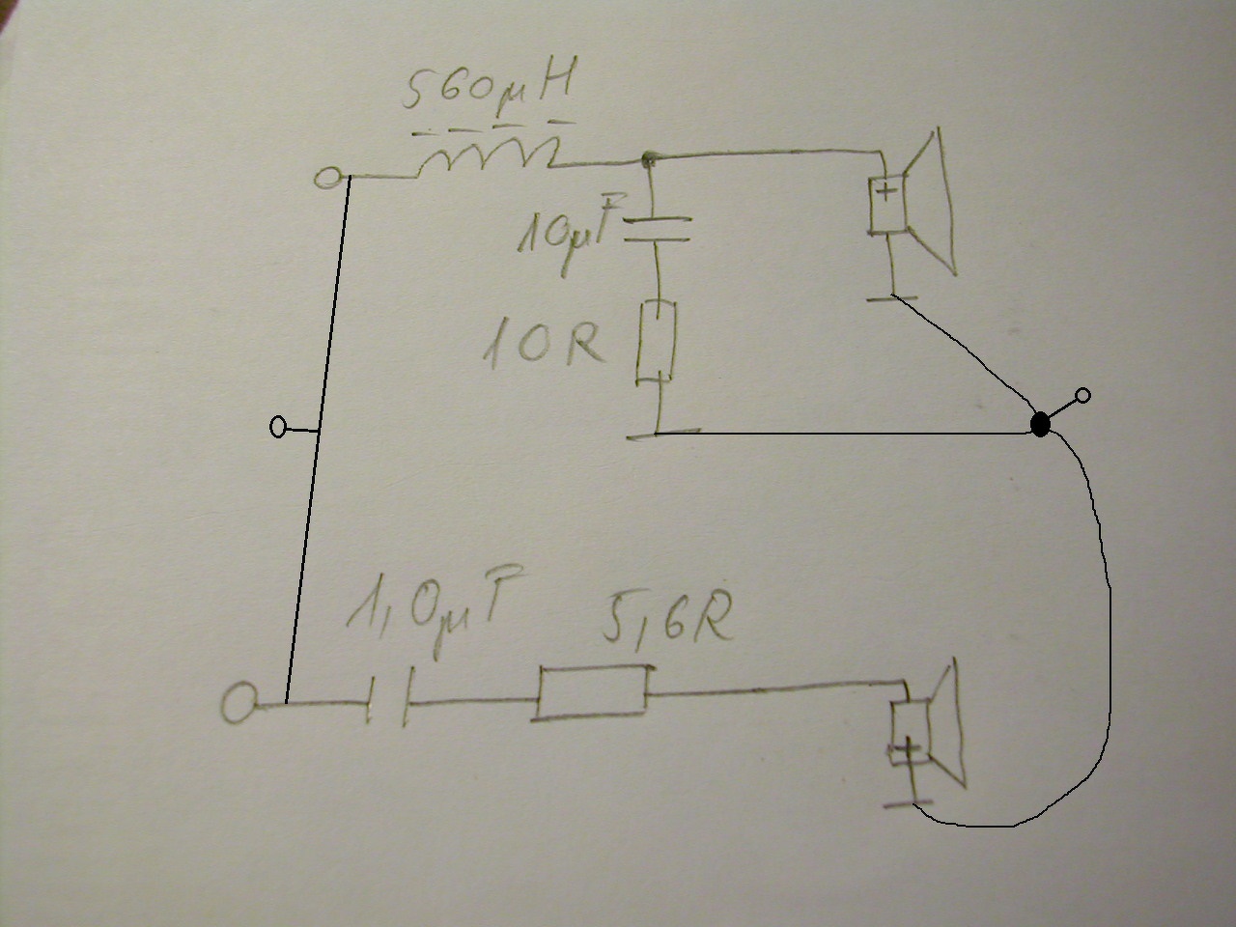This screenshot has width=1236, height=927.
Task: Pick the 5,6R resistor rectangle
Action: coord(591,691)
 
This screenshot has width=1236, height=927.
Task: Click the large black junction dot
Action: coord(1040,424)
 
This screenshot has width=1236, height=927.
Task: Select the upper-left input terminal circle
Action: coord(329,178)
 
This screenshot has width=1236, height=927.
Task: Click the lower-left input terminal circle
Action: coord(239,703)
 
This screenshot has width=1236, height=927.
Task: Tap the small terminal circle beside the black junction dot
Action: coord(1082,395)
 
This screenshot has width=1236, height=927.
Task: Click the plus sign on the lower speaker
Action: coord(906,750)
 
